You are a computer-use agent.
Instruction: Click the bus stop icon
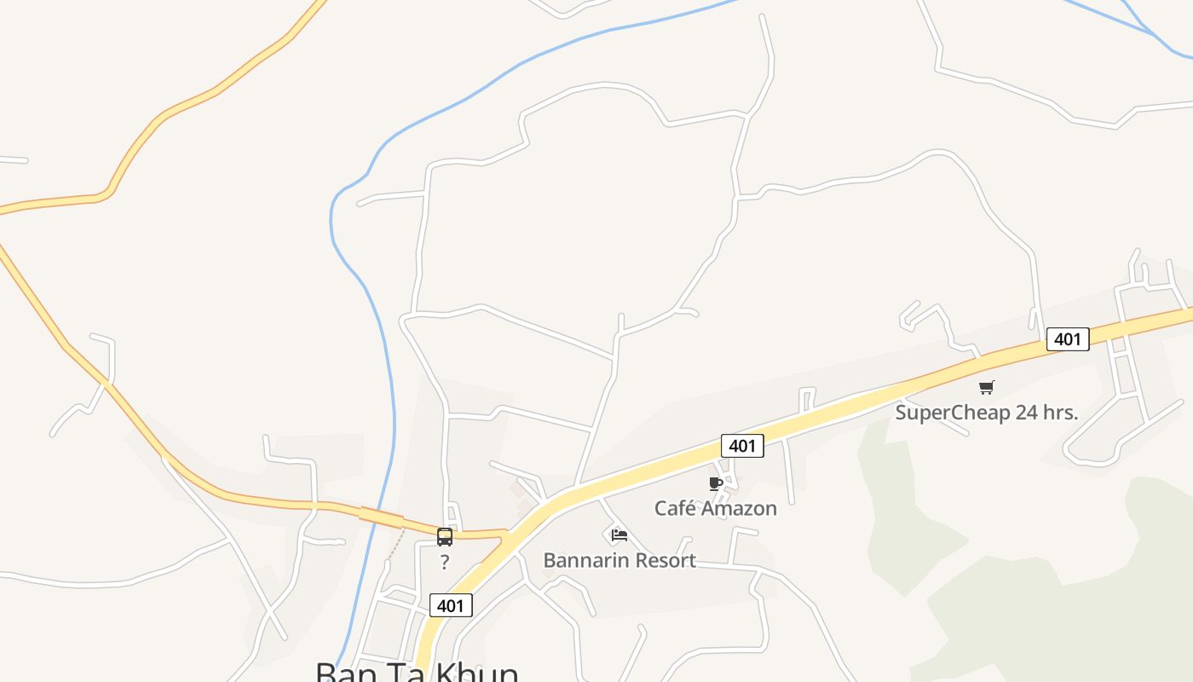pos(445,537)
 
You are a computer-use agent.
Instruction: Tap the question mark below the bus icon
pos(445,563)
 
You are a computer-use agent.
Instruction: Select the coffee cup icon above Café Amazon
pos(716,484)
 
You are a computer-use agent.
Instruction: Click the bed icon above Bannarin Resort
pos(620,535)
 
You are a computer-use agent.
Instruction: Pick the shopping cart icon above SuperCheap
pos(986,388)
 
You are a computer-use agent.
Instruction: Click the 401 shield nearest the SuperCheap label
pos(1067,339)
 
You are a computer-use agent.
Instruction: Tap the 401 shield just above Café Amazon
pos(742,445)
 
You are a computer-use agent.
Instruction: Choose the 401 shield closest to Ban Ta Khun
pos(450,606)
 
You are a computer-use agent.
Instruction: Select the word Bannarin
pos(584,561)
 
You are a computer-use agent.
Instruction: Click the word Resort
pos(662,561)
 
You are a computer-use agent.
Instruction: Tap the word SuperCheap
pos(950,413)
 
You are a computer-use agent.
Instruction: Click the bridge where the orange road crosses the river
pos(381,517)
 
